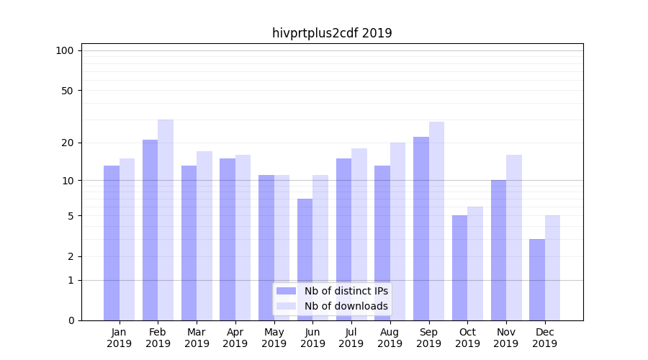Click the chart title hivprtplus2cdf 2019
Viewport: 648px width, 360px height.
[332, 33]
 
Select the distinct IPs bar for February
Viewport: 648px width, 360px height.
[150, 230]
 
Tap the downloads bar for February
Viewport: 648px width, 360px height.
[166, 220]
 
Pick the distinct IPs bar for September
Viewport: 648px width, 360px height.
[421, 229]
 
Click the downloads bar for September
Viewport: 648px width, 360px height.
[436, 221]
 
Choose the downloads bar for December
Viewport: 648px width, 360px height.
[552, 268]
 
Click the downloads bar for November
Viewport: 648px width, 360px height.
[514, 238]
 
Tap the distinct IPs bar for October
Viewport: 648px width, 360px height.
[459, 268]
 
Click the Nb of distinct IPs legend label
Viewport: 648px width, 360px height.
[346, 291]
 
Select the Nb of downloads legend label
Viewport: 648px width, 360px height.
[346, 306]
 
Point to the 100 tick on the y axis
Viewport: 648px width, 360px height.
[65, 50]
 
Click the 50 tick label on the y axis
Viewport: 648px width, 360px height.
[67, 91]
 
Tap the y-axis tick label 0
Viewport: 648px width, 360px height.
[71, 320]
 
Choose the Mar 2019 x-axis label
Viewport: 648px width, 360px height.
[197, 338]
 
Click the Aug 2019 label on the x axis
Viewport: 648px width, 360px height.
[390, 338]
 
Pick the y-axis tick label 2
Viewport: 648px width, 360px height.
[71, 256]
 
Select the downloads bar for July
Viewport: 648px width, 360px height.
[359, 234]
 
